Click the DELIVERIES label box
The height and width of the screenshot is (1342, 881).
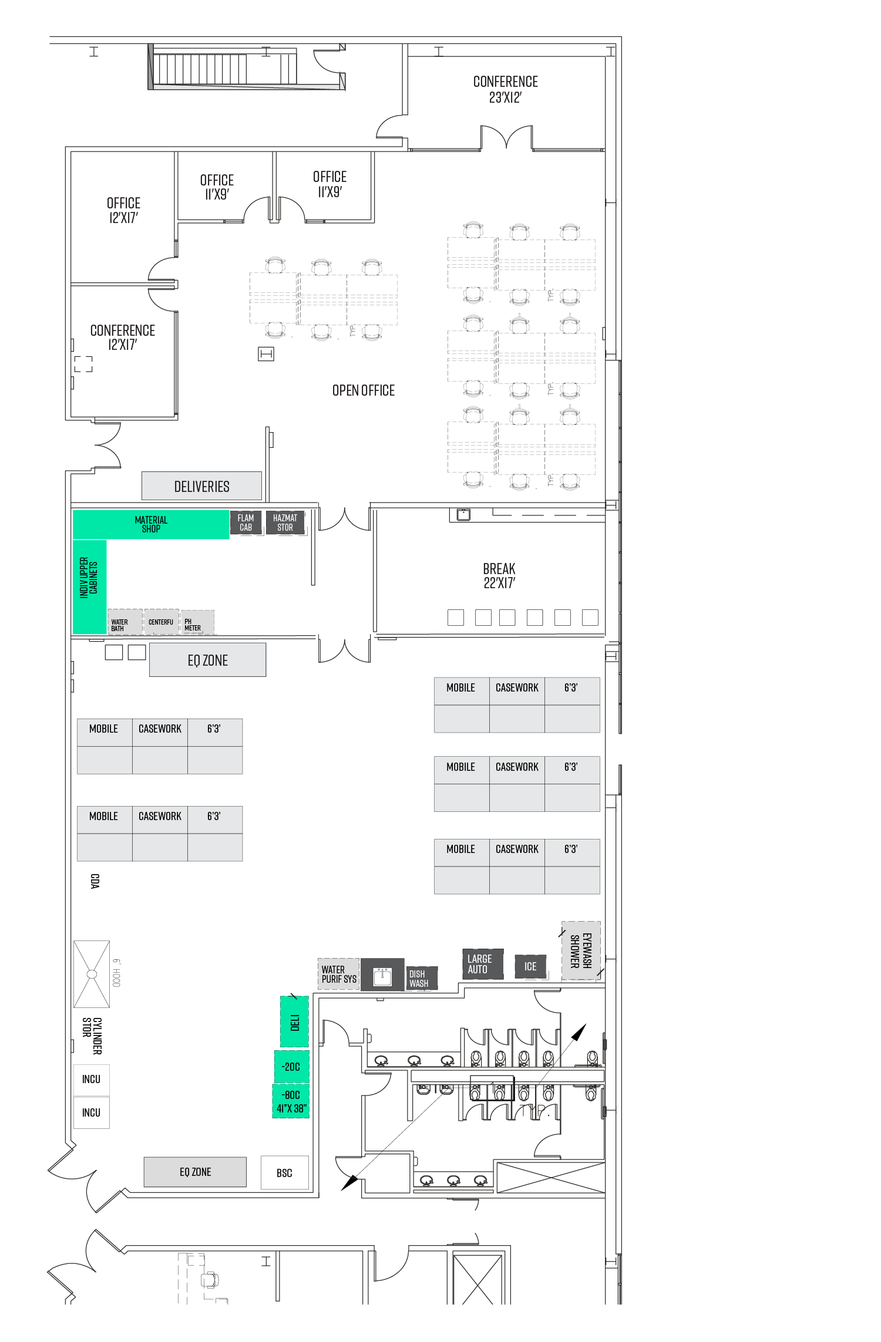point(201,486)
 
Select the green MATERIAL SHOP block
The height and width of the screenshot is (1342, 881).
point(151,524)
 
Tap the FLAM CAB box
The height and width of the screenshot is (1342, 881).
point(246,522)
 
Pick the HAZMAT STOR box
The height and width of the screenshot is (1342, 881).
point(285,522)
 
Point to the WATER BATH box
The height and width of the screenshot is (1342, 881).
point(125,622)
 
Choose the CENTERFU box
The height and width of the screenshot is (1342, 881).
point(161,622)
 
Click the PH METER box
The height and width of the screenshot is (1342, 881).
point(197,622)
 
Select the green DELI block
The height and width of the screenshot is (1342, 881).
point(294,1021)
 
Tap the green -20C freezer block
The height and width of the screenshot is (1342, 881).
point(291,1067)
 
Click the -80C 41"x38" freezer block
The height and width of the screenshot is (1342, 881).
point(291,1101)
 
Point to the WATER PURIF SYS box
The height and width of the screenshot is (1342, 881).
point(338,974)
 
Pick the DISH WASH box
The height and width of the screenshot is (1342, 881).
point(421,978)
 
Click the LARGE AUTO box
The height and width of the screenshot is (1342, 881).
point(482,964)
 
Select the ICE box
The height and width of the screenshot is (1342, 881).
point(530,966)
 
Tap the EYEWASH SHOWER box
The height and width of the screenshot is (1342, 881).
point(581,950)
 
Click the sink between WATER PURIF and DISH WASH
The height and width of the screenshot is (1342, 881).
point(382,976)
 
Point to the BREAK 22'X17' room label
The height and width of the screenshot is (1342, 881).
point(499,575)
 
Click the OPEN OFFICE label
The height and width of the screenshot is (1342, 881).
point(364,390)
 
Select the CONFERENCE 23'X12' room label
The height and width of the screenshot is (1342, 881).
point(505,89)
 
